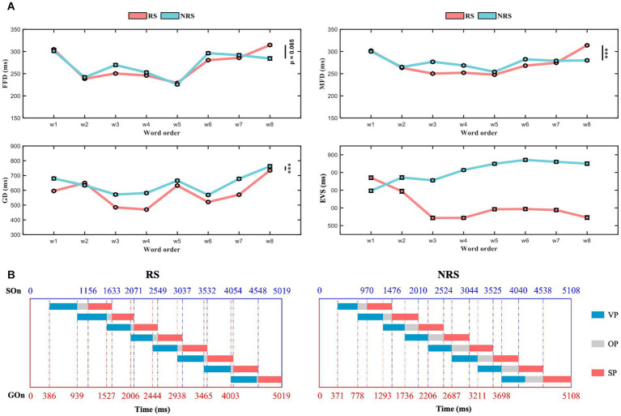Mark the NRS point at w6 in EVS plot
525,160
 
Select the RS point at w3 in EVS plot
432,217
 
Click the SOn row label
11,289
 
